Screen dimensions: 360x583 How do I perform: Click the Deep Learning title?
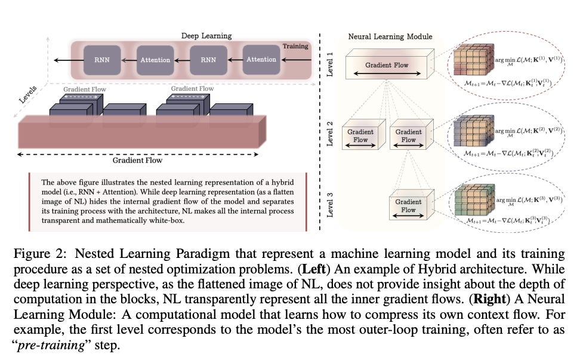point(206,36)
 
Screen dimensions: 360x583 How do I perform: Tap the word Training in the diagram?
point(296,46)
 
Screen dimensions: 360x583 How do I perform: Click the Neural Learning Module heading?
point(390,36)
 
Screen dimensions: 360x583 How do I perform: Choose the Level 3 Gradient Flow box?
point(408,206)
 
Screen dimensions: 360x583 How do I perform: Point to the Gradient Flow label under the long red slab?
point(137,160)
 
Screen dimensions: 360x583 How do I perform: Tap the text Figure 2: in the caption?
point(38,254)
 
